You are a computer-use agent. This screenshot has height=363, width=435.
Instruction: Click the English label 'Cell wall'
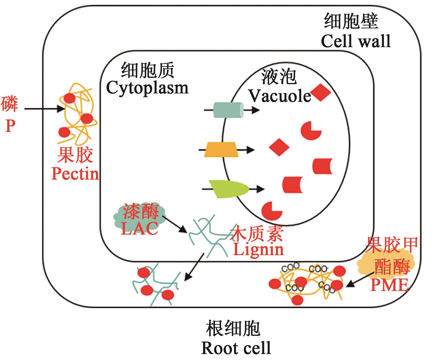[356, 41]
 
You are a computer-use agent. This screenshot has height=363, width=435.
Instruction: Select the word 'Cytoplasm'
[147, 87]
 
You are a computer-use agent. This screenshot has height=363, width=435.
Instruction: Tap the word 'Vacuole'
[280, 96]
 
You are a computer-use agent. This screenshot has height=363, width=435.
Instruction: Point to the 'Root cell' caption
[236, 348]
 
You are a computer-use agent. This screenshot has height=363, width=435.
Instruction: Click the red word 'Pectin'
[75, 174]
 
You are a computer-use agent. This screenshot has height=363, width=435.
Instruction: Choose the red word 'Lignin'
[258, 249]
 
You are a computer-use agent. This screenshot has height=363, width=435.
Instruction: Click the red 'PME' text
[389, 285]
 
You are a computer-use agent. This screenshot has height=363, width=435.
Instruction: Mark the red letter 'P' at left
[10, 126]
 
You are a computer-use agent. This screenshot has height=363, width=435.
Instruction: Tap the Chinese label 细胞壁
[351, 21]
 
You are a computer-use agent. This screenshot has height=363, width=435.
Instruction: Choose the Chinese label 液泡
[279, 77]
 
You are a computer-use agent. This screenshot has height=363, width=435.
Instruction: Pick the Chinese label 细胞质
[148, 71]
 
